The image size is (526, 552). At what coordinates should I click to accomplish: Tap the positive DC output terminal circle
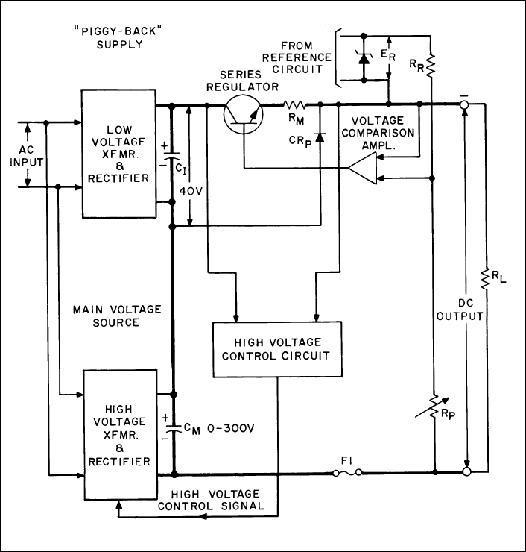pyautogui.click(x=466, y=472)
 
